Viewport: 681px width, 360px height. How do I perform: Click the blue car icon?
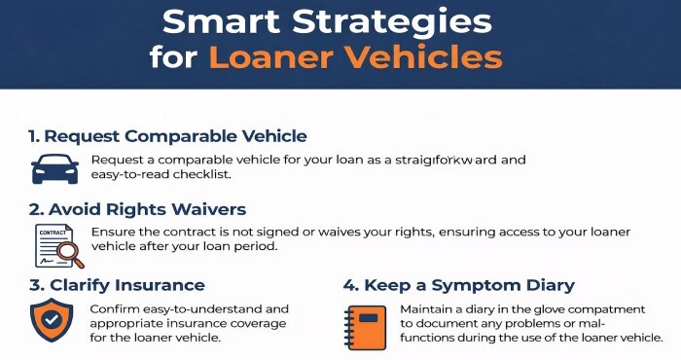pos(54,167)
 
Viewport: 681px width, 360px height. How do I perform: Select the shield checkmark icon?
pos(51,320)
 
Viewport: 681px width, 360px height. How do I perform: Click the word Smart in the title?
pos(217,19)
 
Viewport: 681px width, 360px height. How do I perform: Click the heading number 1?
pos(33,135)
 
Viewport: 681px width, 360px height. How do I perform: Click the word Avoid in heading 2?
pos(76,209)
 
